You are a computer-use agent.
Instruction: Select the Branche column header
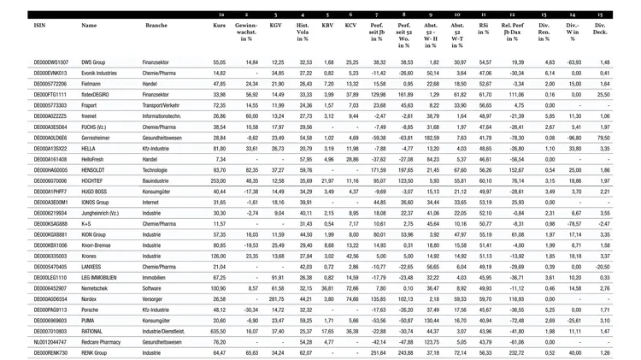coord(156,26)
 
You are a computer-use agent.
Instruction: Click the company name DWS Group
coord(99,62)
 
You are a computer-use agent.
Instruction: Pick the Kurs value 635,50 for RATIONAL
coord(217,330)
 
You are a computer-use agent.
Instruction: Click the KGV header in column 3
coord(275,26)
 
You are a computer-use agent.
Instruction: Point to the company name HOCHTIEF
coord(97,180)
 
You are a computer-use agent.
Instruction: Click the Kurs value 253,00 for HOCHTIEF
coord(218,180)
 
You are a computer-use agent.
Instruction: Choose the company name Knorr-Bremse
coord(101,245)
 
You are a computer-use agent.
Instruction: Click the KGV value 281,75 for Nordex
coord(275,298)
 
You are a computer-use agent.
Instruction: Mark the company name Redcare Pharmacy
coord(106,341)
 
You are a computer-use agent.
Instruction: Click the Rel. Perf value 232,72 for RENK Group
coord(515,351)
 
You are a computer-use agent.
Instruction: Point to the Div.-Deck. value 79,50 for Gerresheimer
coord(603,138)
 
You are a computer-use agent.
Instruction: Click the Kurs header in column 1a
coord(220,26)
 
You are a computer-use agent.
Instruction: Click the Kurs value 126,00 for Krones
coord(218,256)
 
